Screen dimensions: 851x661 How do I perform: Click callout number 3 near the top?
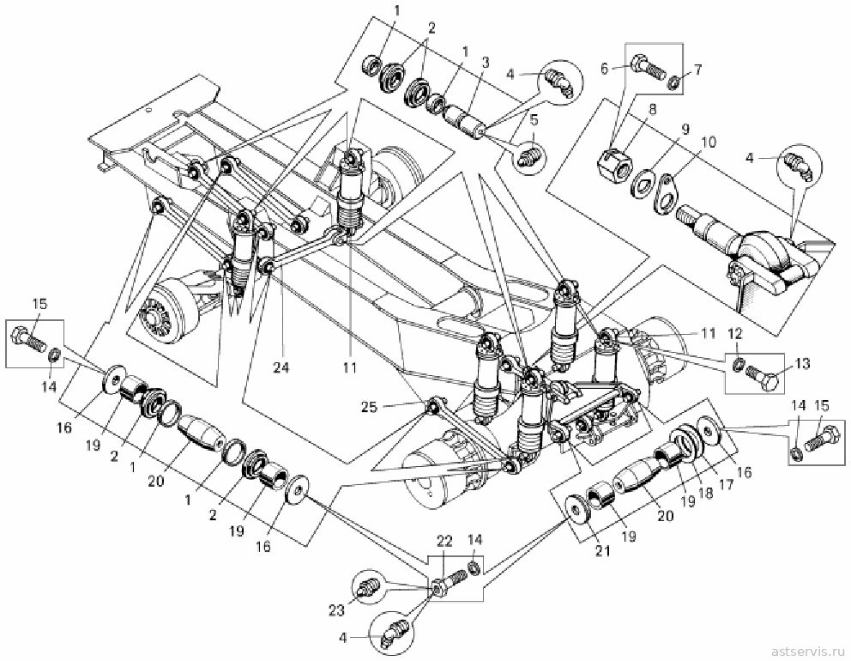(x=485, y=62)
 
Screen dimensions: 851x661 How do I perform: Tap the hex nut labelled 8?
(x=613, y=162)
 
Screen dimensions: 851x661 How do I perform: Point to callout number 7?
(x=697, y=70)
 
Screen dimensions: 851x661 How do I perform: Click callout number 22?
(x=444, y=541)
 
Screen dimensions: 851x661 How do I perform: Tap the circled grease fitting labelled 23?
(x=369, y=587)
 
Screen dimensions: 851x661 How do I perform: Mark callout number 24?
(x=281, y=367)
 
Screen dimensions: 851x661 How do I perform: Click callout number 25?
(x=369, y=406)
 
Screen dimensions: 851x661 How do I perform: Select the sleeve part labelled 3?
(x=466, y=124)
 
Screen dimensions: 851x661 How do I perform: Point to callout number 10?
(x=709, y=143)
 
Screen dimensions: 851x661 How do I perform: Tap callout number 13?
(x=802, y=363)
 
